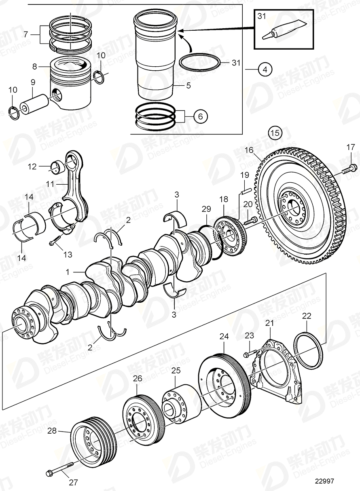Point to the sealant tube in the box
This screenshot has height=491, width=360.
(279, 30)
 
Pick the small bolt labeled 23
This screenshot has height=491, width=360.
(248, 354)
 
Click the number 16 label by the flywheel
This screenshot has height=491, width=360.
(249, 150)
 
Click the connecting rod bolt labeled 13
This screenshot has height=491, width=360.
(54, 242)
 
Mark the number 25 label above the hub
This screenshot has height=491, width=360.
(175, 371)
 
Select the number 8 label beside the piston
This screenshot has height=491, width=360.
(35, 65)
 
